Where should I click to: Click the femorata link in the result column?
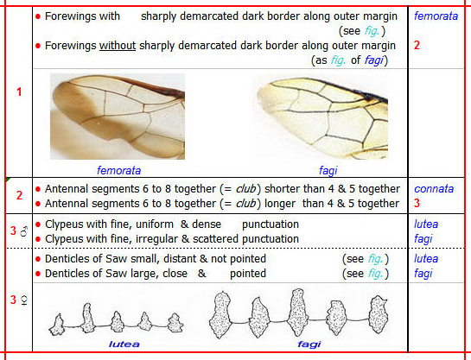436,16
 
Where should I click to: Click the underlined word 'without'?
118,46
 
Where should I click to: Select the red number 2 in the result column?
417,45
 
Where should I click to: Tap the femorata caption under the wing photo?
118,170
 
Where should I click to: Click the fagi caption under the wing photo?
328,171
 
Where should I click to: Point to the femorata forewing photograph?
118,117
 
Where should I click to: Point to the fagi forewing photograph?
322,118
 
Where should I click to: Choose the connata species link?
434,189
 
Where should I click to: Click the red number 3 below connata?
417,203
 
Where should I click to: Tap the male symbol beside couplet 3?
24,231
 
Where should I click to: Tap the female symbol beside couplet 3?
24,300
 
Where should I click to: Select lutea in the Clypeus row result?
426,224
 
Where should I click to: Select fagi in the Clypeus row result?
423,239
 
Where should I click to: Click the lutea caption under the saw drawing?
124,344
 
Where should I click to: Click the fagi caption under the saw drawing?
309,344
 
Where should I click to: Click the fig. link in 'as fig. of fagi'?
338,60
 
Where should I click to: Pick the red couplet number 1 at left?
19,92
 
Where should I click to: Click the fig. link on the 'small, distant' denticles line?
375,259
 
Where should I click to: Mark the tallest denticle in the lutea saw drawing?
87,318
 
